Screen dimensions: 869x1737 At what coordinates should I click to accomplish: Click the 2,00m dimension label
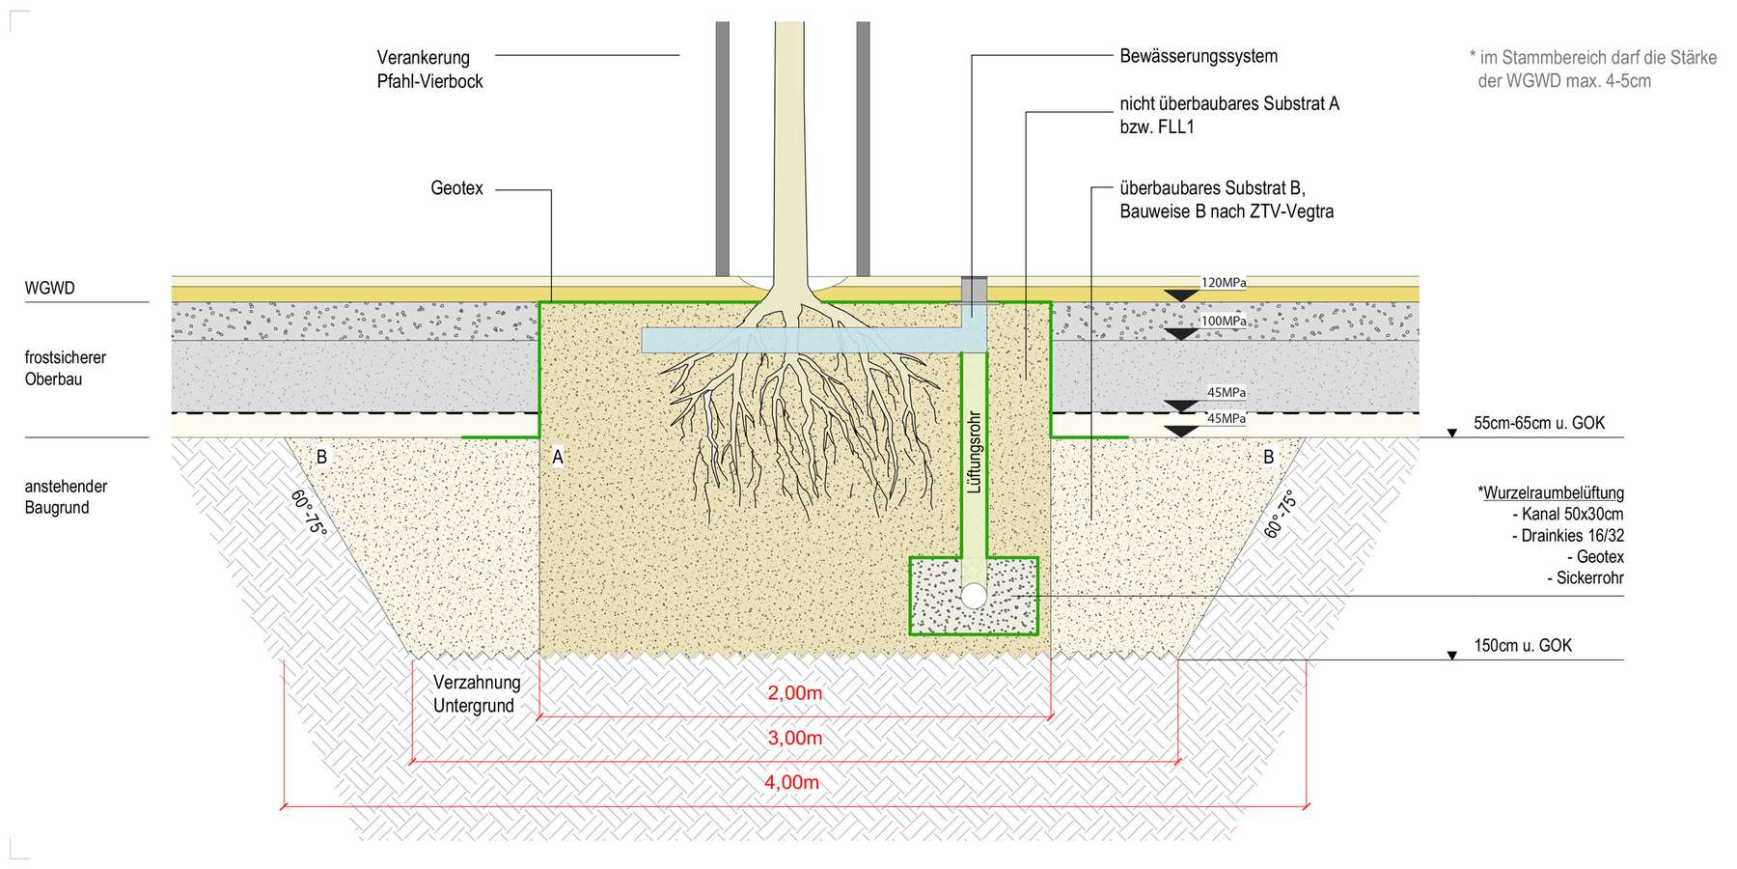pyautogui.click(x=794, y=693)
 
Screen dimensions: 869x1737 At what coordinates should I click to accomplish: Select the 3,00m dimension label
pyautogui.click(x=794, y=739)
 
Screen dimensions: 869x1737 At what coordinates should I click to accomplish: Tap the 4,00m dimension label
pyautogui.click(x=791, y=782)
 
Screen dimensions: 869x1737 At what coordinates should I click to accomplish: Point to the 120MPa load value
pyautogui.click(x=1223, y=283)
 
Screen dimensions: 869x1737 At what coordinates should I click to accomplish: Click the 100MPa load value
pyautogui.click(x=1223, y=321)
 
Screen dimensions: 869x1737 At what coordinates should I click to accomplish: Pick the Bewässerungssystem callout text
pyautogui.click(x=1198, y=56)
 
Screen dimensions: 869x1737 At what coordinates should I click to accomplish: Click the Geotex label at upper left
pyautogui.click(x=456, y=188)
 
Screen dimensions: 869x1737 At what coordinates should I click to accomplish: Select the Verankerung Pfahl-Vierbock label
pyautogui.click(x=429, y=70)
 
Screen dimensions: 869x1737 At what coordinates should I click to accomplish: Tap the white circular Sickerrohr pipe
pyautogui.click(x=974, y=595)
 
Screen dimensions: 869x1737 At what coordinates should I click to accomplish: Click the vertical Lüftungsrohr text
pyautogui.click(x=974, y=452)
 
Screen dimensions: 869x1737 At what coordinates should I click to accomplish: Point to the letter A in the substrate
pyautogui.click(x=557, y=458)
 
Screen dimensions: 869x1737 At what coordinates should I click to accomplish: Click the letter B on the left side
pyautogui.click(x=321, y=457)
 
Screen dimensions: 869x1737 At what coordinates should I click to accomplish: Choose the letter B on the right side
pyautogui.click(x=1268, y=457)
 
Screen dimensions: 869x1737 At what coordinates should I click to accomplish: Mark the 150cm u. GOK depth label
pyautogui.click(x=1522, y=646)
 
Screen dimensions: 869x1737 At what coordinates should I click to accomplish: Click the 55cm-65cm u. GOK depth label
pyautogui.click(x=1538, y=423)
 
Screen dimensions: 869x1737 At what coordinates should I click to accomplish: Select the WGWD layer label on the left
pyautogui.click(x=49, y=288)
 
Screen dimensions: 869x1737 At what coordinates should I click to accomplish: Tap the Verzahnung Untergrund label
pyautogui.click(x=476, y=693)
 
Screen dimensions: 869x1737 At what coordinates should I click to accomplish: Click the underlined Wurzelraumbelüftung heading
pyautogui.click(x=1552, y=493)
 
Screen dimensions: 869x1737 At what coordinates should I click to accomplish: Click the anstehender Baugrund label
pyautogui.click(x=66, y=496)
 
